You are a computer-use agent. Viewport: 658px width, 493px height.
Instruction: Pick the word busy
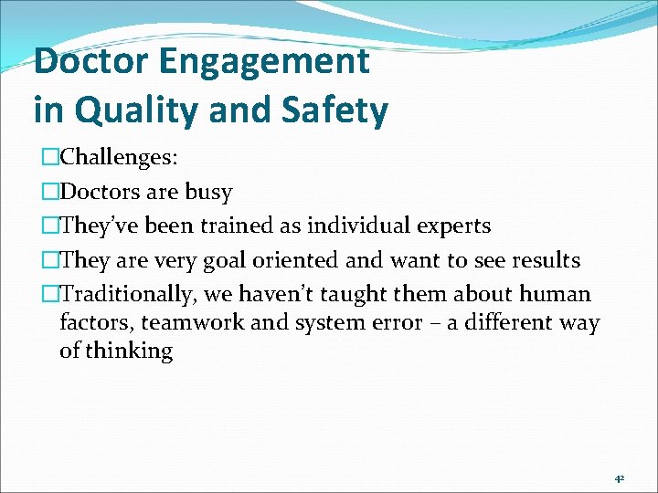click(x=208, y=193)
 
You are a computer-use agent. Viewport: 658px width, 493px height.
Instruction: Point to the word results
click(x=545, y=260)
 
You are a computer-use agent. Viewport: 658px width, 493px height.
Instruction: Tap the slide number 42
click(x=619, y=477)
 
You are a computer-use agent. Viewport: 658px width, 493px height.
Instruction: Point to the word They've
click(x=95, y=226)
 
